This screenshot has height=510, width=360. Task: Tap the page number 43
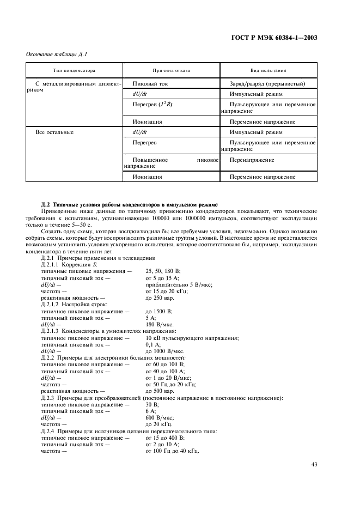pyautogui.click(x=314, y=464)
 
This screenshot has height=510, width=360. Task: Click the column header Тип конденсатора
pyautogui.click(x=74, y=71)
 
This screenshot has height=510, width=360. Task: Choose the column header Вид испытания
pyautogui.click(x=268, y=71)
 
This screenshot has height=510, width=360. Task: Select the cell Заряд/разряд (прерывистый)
pyautogui.click(x=267, y=84)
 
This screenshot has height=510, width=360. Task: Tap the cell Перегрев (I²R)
pyautogui.click(x=152, y=104)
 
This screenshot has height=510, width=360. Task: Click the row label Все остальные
pyautogui.click(x=54, y=132)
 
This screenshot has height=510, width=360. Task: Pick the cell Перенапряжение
pyautogui.click(x=252, y=160)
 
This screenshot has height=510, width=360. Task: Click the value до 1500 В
pyautogui.click(x=158, y=311)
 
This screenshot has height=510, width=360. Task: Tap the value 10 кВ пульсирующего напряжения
pyautogui.click(x=192, y=338)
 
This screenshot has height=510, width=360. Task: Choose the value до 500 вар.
pyautogui.click(x=160, y=391)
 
